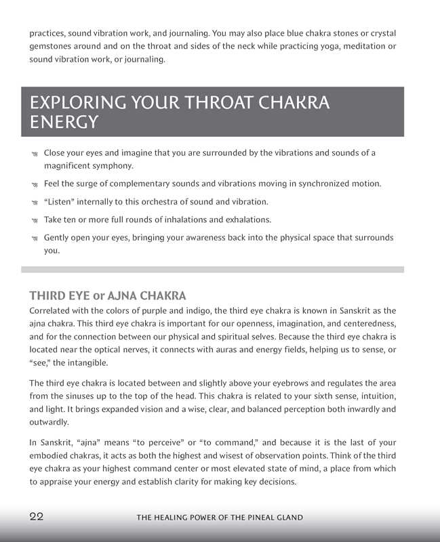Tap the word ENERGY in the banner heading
pyautogui.click(x=64, y=123)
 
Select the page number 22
pyautogui.click(x=37, y=516)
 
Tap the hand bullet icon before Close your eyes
pyautogui.click(x=34, y=154)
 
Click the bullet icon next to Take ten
pyautogui.click(x=34, y=220)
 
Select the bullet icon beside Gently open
pyautogui.click(x=34, y=239)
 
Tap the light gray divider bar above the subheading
pyautogui.click(x=213, y=270)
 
